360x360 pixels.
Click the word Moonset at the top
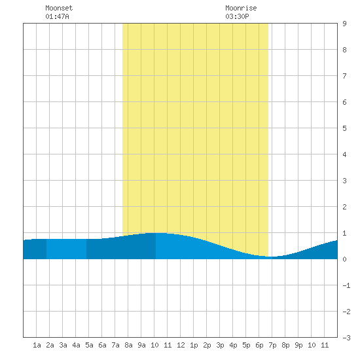(x=59, y=8)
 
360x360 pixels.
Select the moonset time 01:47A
(x=57, y=16)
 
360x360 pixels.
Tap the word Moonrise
(x=241, y=8)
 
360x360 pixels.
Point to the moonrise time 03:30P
(x=237, y=16)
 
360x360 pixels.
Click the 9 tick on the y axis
(x=344, y=24)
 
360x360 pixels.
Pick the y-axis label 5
(x=344, y=128)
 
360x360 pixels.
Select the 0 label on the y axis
(x=344, y=259)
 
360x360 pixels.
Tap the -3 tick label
(x=346, y=338)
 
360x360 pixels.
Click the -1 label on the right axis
(x=346, y=285)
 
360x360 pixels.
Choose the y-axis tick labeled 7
(x=344, y=76)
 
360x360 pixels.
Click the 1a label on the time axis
(x=37, y=345)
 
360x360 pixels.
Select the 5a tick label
(x=89, y=345)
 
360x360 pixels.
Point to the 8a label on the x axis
(x=128, y=345)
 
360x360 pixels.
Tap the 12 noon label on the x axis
(x=181, y=345)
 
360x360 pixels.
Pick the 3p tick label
(x=220, y=345)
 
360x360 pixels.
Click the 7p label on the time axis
(x=272, y=345)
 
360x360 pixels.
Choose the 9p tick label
(x=298, y=345)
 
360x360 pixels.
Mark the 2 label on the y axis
(x=344, y=207)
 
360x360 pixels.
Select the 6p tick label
(x=259, y=345)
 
